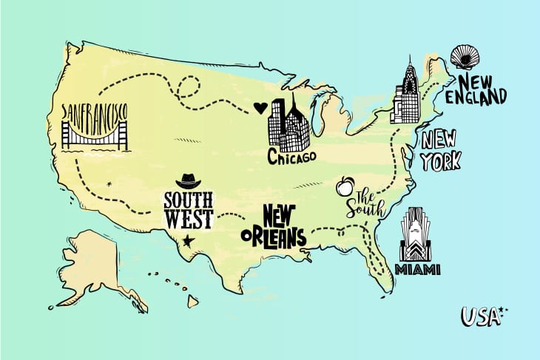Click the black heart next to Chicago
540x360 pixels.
[x=258, y=108]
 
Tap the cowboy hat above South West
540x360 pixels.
[x=187, y=181]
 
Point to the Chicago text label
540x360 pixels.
[x=291, y=157]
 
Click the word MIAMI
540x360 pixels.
[x=418, y=268]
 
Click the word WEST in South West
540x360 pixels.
[x=189, y=219]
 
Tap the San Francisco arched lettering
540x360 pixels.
[x=95, y=112]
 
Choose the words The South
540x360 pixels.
[x=368, y=204]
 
